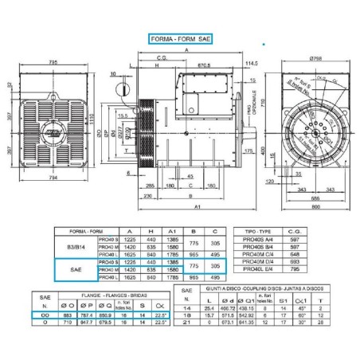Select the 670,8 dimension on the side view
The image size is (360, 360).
pyautogui.click(x=204, y=65)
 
